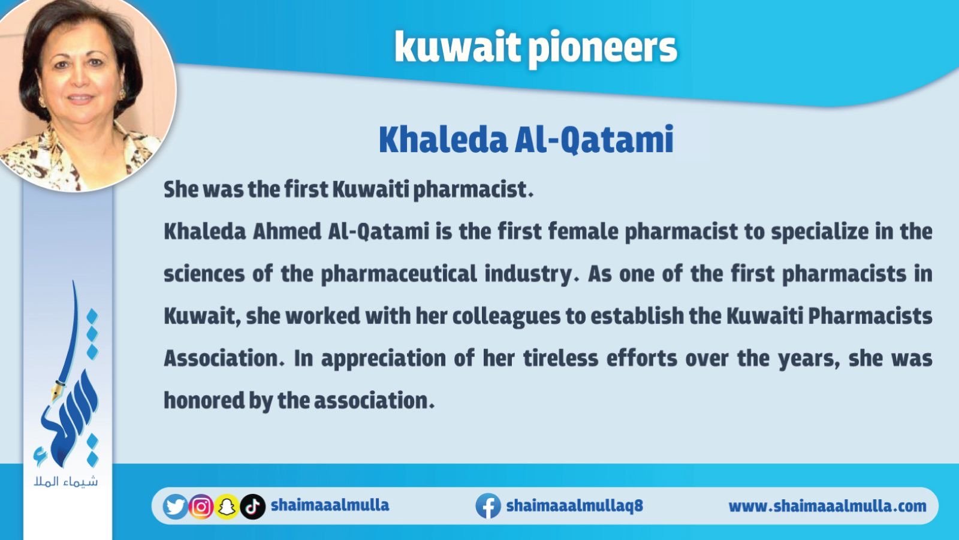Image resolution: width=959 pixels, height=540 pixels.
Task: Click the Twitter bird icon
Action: click(x=175, y=506)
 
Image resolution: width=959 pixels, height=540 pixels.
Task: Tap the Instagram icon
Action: click(x=201, y=506)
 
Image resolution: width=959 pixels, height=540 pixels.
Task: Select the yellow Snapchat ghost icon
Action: click(x=227, y=506)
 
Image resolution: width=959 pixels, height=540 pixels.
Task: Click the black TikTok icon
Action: click(x=252, y=506)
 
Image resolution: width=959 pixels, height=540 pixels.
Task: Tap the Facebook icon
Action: click(x=488, y=506)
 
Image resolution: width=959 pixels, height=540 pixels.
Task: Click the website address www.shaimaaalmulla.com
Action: click(x=827, y=506)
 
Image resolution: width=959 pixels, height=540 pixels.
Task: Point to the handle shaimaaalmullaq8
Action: click(x=575, y=506)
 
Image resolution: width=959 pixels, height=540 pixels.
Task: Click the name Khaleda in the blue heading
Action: click(x=443, y=140)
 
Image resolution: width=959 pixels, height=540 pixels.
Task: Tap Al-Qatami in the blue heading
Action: click(x=594, y=140)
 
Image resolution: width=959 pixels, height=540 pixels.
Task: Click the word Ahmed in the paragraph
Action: click(x=287, y=232)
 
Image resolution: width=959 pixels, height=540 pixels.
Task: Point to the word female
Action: click(x=583, y=232)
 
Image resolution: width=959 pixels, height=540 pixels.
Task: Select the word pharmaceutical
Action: click(x=399, y=274)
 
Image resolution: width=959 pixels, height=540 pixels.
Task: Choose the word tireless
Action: click(x=560, y=358)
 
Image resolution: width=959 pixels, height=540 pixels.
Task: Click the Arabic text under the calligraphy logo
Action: click(x=66, y=482)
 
